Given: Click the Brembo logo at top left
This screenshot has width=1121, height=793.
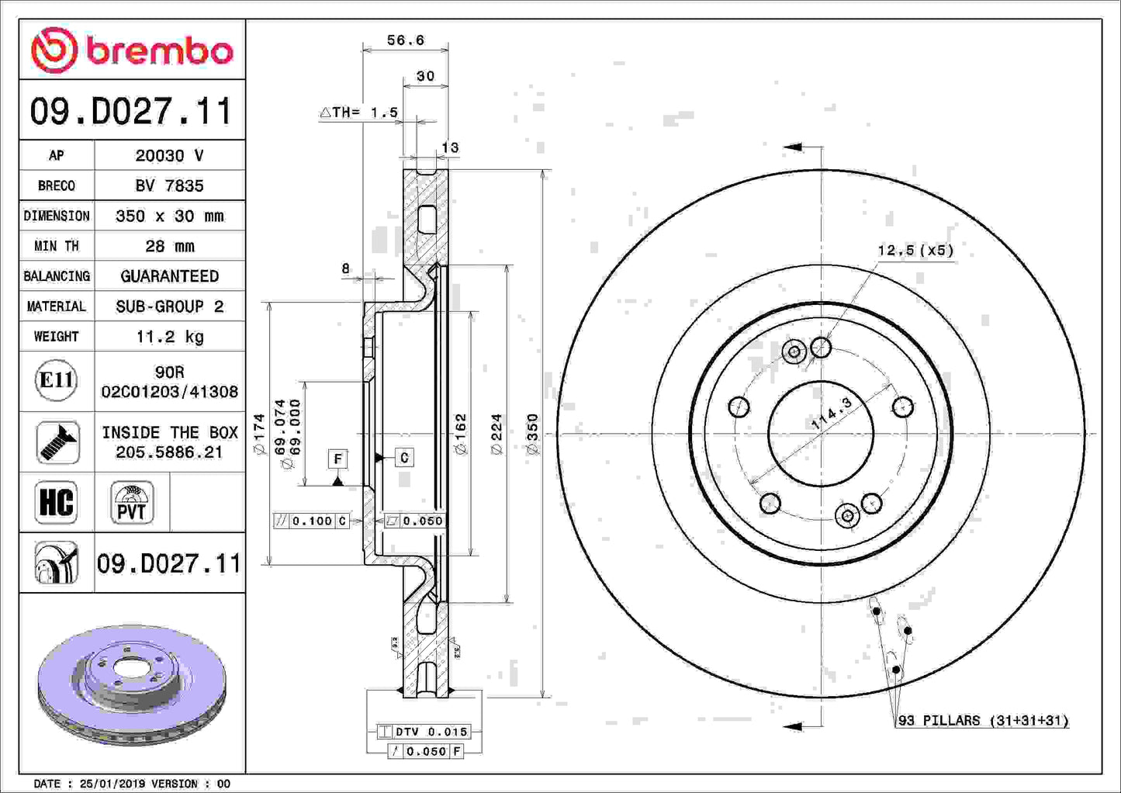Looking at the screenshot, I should (x=132, y=50).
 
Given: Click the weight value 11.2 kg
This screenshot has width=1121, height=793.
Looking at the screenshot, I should (x=169, y=337).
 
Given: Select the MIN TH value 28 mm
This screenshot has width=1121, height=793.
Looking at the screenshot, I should (x=169, y=246).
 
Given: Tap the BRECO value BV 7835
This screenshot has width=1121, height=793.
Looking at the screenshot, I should (x=169, y=185).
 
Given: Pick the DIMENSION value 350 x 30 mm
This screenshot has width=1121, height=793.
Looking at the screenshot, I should (x=169, y=216).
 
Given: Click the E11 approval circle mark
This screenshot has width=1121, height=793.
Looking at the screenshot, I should (x=56, y=381).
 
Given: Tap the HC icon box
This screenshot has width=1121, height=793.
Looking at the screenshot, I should (x=57, y=502).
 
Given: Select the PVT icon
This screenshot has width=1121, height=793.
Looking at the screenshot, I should (x=132, y=503).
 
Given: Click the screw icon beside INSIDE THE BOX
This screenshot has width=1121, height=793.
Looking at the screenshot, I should (x=57, y=442).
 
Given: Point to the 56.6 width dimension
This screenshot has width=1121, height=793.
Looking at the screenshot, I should (x=405, y=40).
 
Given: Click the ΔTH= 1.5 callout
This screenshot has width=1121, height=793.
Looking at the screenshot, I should (x=359, y=113).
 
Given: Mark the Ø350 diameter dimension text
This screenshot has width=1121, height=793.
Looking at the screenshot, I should (x=532, y=434).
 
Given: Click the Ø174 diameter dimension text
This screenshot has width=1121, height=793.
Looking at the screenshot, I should (x=259, y=434).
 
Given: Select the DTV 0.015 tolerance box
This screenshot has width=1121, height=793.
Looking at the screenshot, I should (x=424, y=731).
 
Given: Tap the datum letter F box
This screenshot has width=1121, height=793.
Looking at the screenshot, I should (x=337, y=459).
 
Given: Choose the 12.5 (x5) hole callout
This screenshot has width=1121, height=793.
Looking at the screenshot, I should (x=915, y=250).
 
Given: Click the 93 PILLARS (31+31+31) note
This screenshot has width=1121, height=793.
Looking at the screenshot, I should (x=983, y=721).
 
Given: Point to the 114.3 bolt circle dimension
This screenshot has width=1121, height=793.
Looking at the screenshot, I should (x=831, y=414).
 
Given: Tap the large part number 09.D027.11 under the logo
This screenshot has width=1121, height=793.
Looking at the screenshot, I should (x=132, y=111).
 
